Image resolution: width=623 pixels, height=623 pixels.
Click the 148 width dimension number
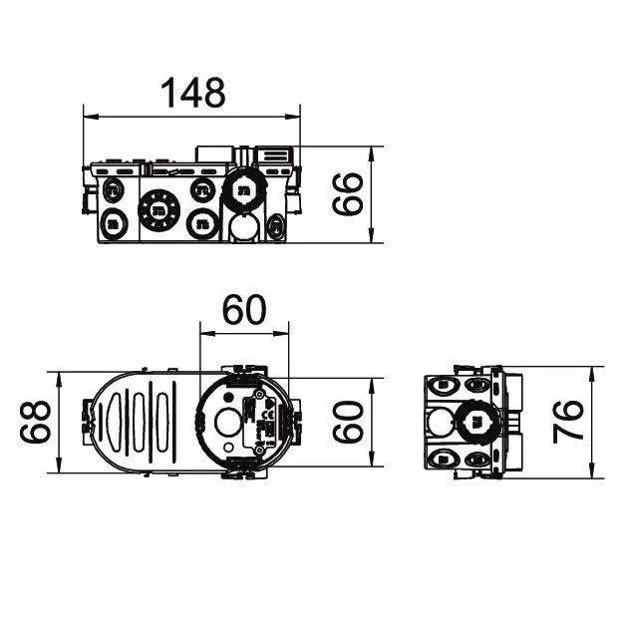pyautogui.click(x=192, y=93)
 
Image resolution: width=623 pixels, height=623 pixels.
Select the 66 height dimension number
pyautogui.click(x=347, y=194)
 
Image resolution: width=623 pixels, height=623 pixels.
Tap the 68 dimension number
pyautogui.click(x=35, y=422)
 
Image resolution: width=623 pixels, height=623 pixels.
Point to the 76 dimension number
pyautogui.click(x=568, y=422)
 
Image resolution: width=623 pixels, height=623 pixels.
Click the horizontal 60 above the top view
pyautogui.click(x=244, y=310)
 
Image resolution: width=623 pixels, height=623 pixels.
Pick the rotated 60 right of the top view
pyautogui.click(x=348, y=422)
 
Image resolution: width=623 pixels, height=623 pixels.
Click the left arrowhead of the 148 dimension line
pyautogui.click(x=91, y=117)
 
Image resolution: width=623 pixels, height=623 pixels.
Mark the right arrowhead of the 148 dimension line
pyautogui.click(x=293, y=117)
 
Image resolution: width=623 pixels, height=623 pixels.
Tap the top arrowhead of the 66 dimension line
pyautogui.click(x=372, y=154)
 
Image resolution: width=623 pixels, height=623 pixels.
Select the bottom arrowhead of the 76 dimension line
pyautogui.click(x=592, y=470)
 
